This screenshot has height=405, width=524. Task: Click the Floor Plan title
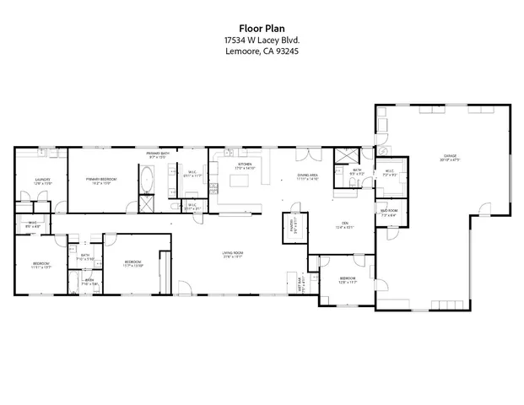tap(262, 27)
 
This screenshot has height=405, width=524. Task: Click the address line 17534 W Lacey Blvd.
tap(262, 40)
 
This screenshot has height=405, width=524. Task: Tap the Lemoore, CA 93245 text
tap(262, 51)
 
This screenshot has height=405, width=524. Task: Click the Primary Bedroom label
tap(100, 181)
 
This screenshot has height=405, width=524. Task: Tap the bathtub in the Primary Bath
tap(147, 180)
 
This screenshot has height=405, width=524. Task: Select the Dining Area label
tap(307, 176)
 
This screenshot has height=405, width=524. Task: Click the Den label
tap(343, 224)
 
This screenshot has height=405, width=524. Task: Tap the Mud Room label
tap(389, 213)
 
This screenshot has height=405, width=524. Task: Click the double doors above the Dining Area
tap(307, 153)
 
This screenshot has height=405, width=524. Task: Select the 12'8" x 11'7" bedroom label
tap(348, 279)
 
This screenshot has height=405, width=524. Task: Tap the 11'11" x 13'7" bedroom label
tap(41, 266)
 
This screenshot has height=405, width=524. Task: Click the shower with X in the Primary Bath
tap(146, 204)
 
